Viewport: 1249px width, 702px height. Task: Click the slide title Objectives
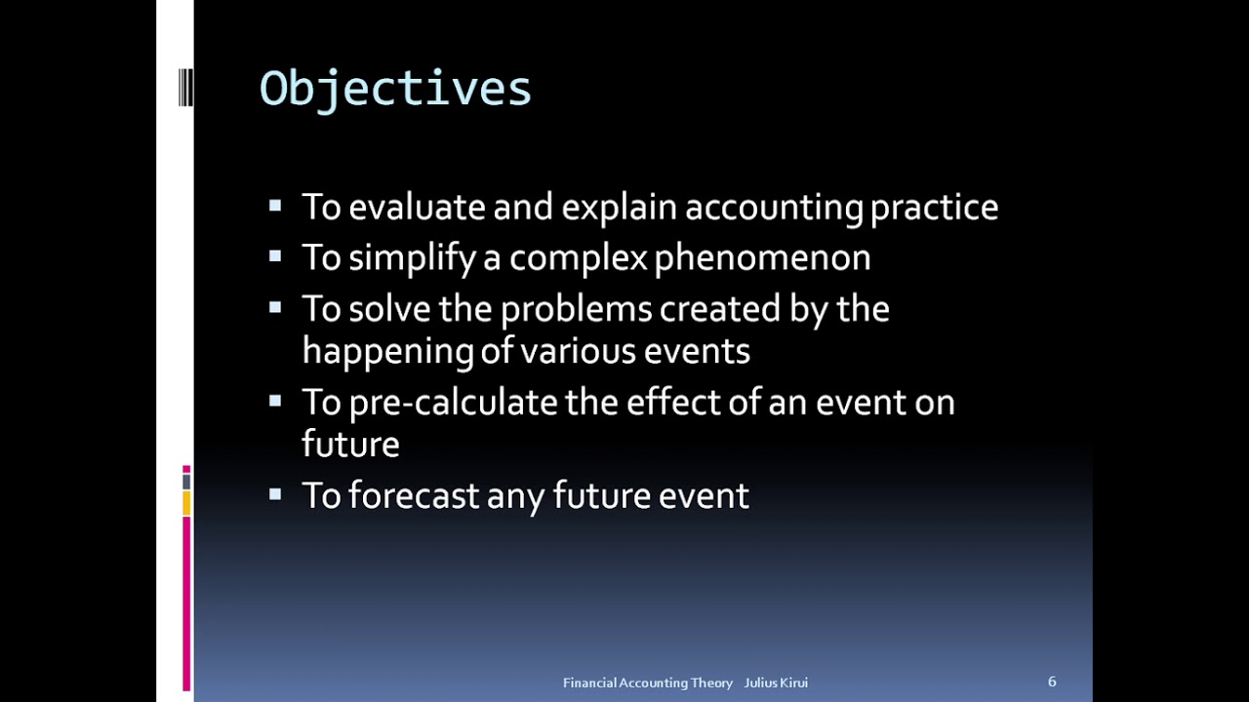pos(395,89)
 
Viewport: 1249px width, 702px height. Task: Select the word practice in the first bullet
pos(934,207)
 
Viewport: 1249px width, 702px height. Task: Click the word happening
pos(387,351)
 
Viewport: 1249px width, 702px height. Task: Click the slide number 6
pos(1052,682)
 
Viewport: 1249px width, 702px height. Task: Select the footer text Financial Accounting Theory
pos(648,682)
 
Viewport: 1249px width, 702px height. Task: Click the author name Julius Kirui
pos(776,682)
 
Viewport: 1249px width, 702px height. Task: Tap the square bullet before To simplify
pos(275,257)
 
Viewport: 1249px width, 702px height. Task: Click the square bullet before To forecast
pos(275,494)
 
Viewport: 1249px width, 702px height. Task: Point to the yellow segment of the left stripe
pos(186,503)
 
